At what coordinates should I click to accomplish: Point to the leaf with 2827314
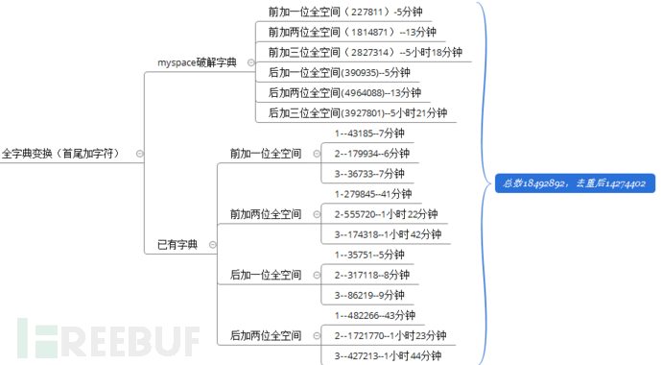click(365, 52)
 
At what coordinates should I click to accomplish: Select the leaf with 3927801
click(357, 112)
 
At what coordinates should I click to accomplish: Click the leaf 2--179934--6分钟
click(371, 153)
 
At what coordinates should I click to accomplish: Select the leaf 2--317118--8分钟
click(371, 274)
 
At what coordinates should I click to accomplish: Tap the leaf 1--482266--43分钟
click(374, 315)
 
